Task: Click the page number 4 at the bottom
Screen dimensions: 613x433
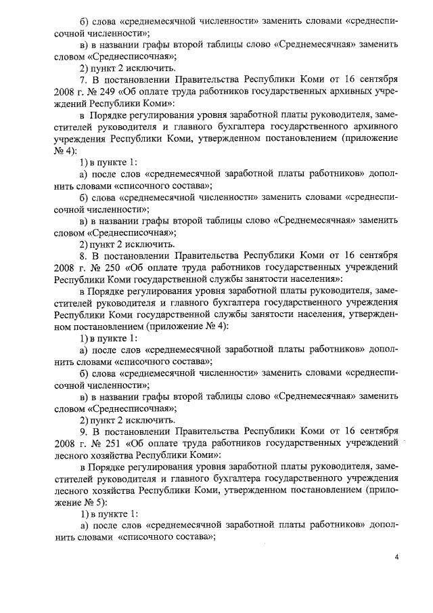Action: tap(398, 557)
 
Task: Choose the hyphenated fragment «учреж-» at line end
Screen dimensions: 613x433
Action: tap(382, 92)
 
